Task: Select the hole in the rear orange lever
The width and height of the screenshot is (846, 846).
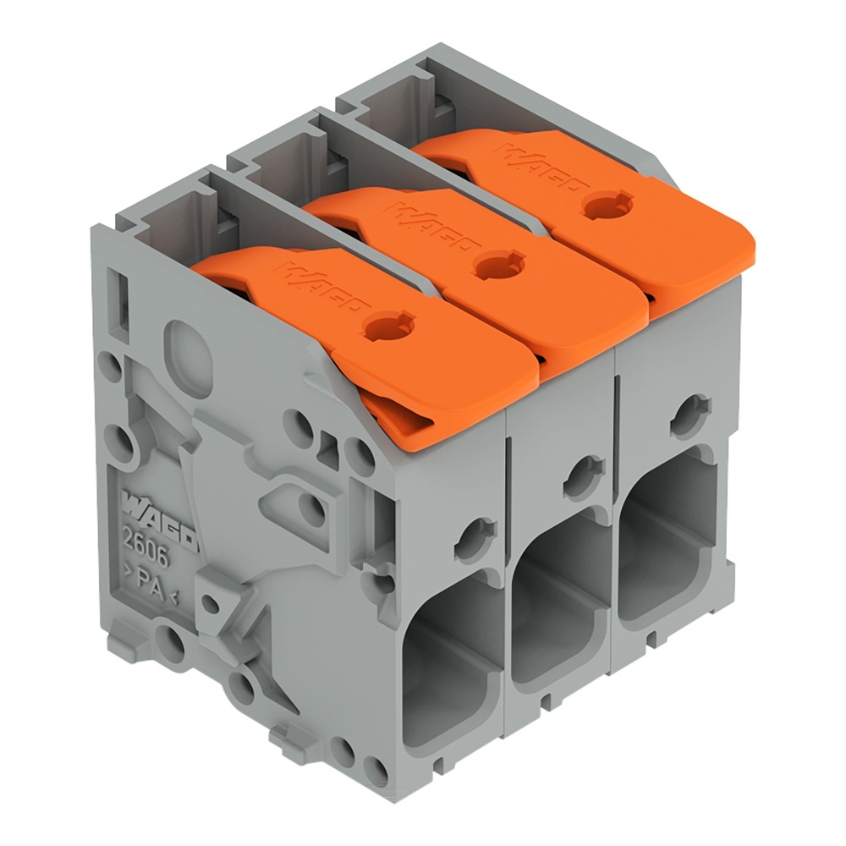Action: (x=602, y=206)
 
